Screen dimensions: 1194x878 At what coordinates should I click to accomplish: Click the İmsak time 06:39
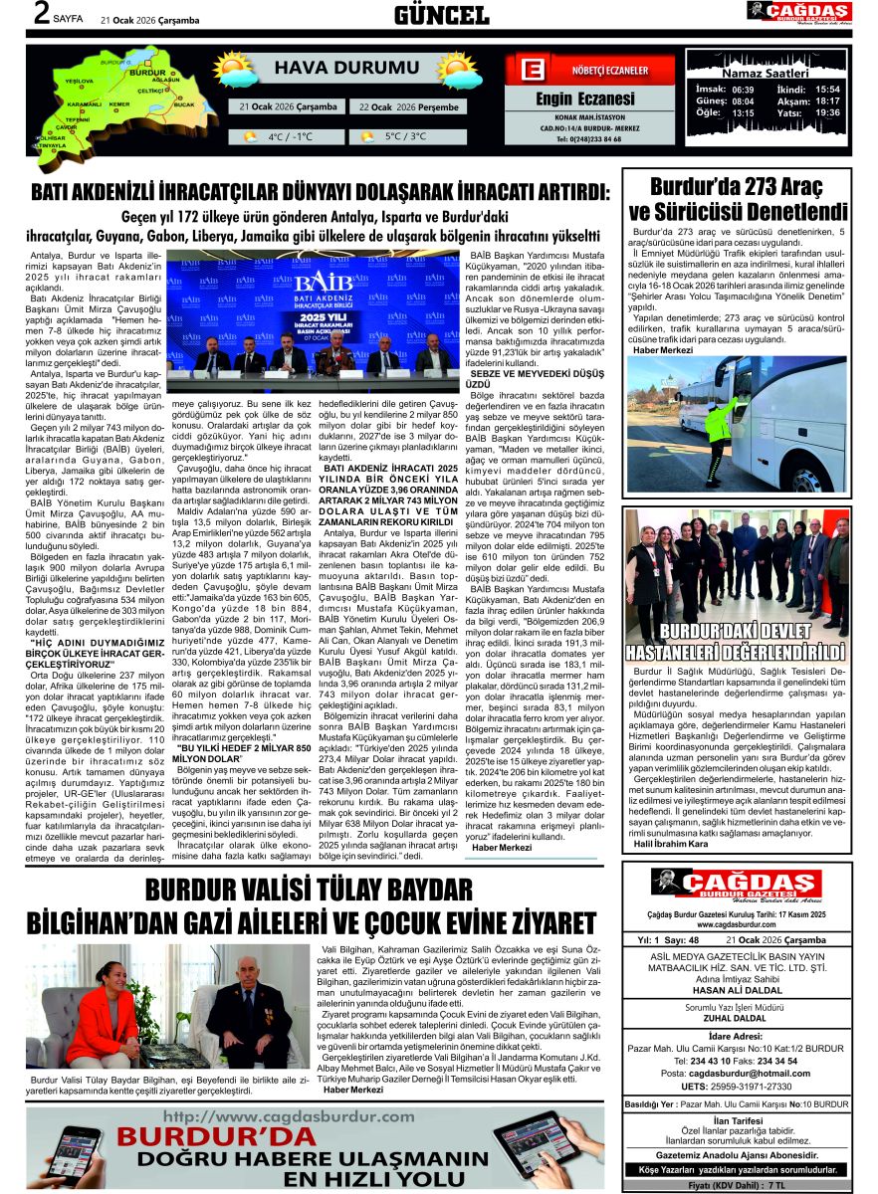(742, 89)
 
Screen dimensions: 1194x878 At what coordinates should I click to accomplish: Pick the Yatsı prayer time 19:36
(826, 113)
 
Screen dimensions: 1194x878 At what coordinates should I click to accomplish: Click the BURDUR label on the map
(147, 73)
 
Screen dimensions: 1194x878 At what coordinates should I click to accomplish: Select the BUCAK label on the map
(184, 103)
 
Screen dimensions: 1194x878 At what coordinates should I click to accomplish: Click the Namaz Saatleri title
(765, 74)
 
